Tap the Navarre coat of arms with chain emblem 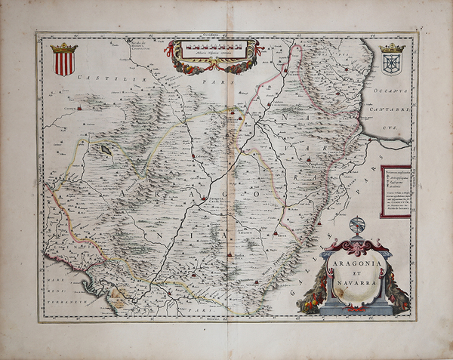point(392,61)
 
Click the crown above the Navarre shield point(392,48)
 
